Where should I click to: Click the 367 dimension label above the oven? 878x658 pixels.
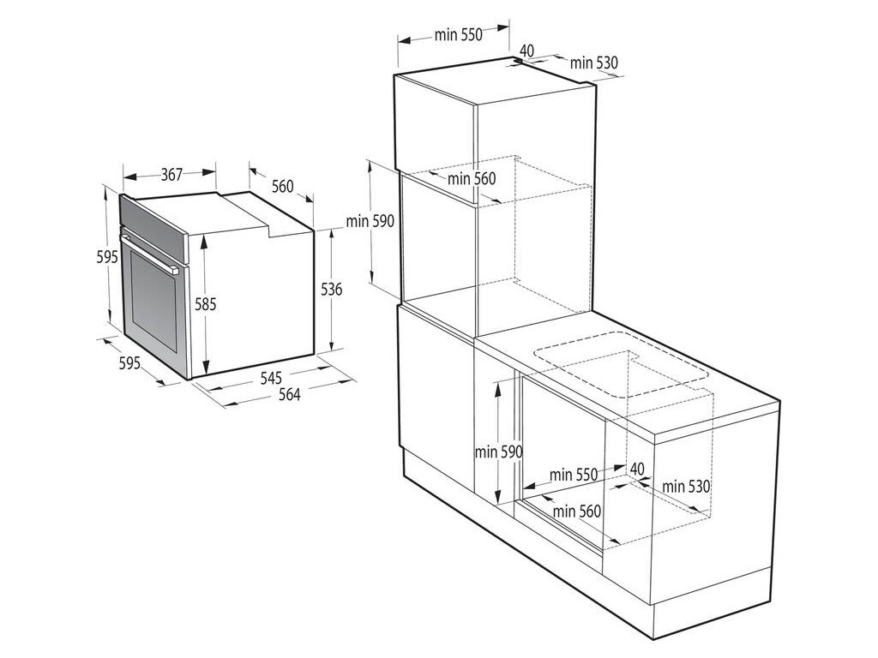(x=171, y=175)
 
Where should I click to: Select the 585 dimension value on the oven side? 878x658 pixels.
(x=205, y=303)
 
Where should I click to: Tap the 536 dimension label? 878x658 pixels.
(x=332, y=290)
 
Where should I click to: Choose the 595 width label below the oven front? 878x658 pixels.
(x=129, y=363)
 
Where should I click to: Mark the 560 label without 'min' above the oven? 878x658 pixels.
(x=282, y=186)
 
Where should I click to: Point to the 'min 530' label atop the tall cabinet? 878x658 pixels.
(x=594, y=63)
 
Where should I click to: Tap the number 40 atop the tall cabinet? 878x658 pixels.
(x=526, y=51)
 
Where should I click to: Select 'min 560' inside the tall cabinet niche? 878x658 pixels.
(x=472, y=178)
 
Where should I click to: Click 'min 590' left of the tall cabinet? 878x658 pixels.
(x=370, y=221)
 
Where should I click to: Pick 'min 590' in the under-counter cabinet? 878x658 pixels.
(x=499, y=452)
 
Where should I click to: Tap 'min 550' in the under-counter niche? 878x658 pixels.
(x=574, y=474)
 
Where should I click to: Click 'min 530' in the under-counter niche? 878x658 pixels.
(x=686, y=487)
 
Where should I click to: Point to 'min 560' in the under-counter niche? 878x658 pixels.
(x=577, y=511)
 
